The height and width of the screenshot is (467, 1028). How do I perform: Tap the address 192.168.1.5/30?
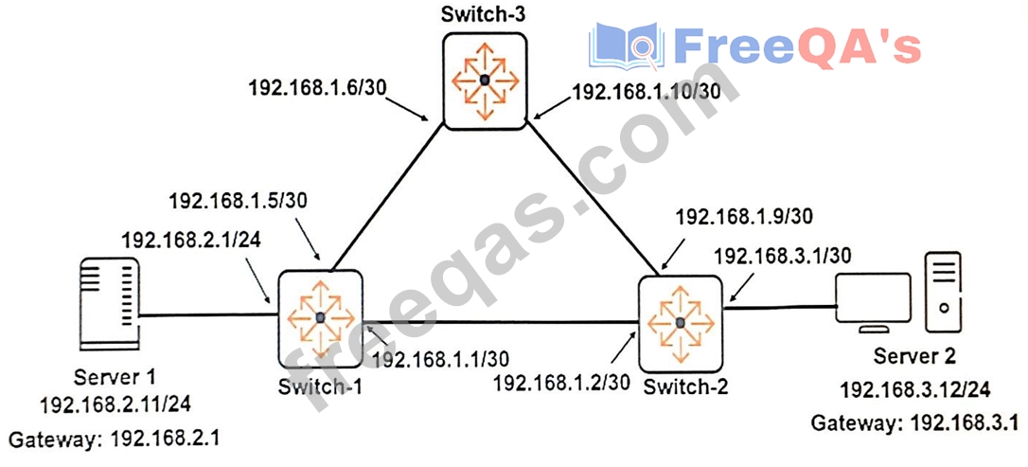[226, 201]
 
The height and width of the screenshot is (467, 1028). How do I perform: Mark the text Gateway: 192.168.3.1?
[913, 422]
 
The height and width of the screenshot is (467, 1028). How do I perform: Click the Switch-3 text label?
[483, 15]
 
